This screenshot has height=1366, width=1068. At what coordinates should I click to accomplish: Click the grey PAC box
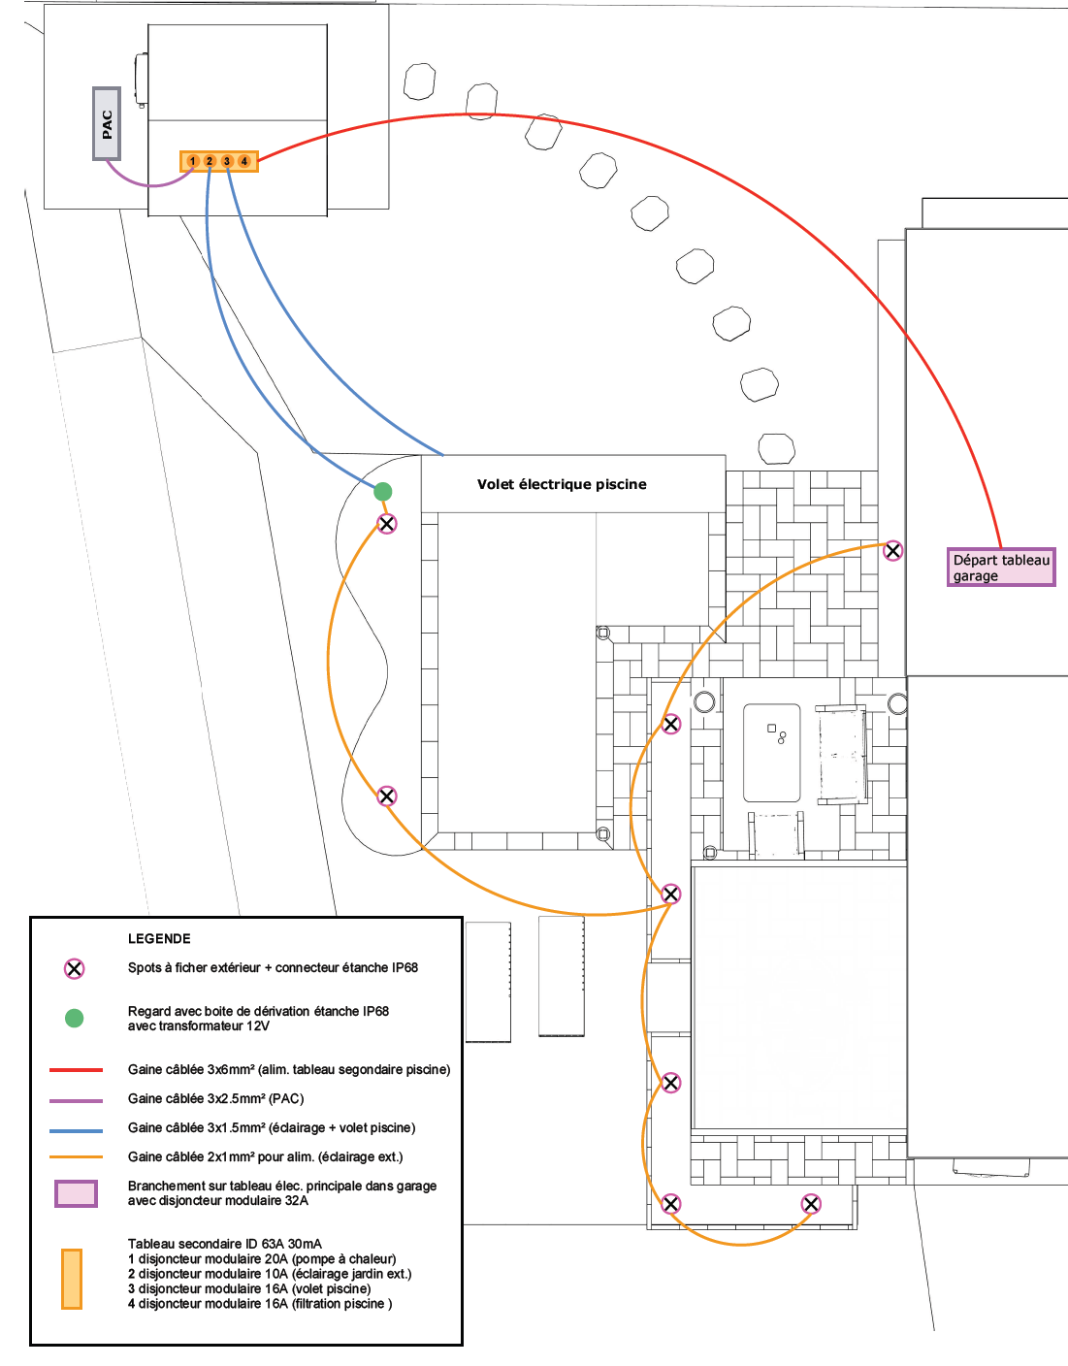(x=107, y=123)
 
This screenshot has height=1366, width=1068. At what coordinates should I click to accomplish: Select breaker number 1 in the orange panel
(x=193, y=161)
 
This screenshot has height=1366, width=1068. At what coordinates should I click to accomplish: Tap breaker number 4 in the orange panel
(x=244, y=161)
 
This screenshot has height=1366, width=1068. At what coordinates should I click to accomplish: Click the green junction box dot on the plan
(x=383, y=492)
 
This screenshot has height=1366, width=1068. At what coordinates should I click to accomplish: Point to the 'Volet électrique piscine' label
(x=562, y=484)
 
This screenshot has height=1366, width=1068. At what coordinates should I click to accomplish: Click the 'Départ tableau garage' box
(x=1001, y=568)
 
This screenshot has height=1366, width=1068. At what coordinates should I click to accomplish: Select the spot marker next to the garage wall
(x=892, y=551)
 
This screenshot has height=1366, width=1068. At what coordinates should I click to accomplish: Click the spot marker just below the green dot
(x=386, y=524)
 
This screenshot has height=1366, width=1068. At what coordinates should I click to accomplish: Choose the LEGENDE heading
(x=159, y=938)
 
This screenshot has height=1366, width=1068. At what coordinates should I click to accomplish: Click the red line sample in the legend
(x=76, y=1069)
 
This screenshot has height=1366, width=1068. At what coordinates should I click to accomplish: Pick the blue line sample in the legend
(x=76, y=1130)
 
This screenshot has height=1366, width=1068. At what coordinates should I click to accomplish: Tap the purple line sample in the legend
(x=76, y=1100)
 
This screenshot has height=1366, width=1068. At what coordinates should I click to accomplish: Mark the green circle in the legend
(x=74, y=1018)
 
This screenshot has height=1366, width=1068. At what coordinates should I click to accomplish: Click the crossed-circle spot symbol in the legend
(x=74, y=968)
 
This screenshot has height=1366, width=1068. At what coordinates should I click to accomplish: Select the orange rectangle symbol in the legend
(x=72, y=1279)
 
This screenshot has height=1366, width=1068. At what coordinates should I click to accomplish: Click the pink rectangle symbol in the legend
(x=76, y=1193)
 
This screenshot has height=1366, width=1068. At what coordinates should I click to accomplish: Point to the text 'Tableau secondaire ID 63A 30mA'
(x=224, y=1244)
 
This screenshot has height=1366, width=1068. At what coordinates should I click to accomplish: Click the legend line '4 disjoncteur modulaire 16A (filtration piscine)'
(x=260, y=1304)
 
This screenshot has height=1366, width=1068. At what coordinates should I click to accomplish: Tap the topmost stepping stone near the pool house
(x=419, y=81)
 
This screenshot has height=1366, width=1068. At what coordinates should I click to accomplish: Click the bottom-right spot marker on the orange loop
(x=811, y=1204)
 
